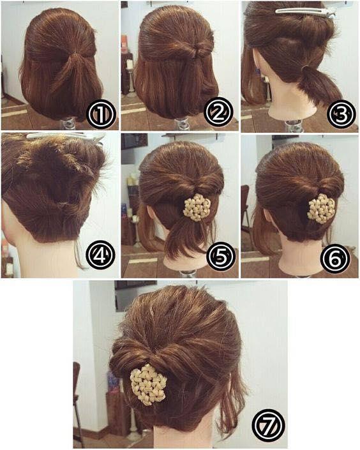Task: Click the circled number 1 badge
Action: coord(100,115)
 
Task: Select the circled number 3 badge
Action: coord(341,114)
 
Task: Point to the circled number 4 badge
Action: coord(100,257)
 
